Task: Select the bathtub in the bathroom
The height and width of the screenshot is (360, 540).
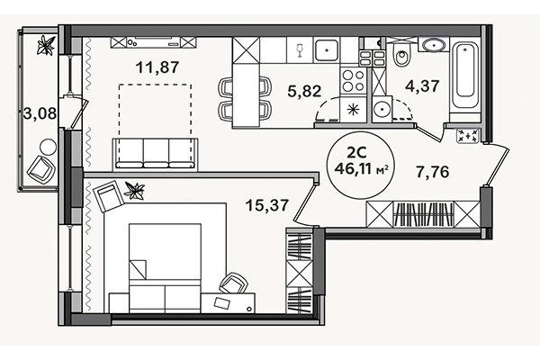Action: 466,76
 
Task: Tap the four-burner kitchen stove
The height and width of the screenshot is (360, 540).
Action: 353,81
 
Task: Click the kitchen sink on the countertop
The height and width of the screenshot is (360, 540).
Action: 329,50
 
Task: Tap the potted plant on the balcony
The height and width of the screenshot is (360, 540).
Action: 46,42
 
